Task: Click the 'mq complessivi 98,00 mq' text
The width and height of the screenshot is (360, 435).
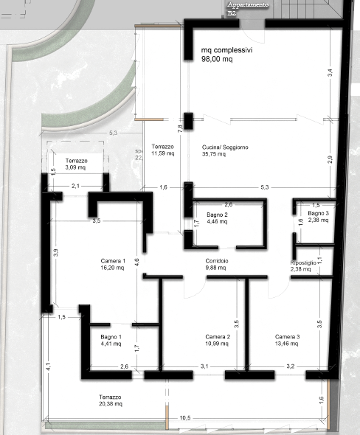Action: (x=227, y=56)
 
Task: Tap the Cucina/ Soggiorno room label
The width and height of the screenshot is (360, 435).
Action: (x=224, y=151)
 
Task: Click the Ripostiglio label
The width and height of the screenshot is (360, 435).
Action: (x=303, y=265)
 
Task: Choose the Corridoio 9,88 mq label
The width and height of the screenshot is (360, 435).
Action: (x=217, y=265)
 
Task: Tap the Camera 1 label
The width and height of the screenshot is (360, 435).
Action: (x=114, y=265)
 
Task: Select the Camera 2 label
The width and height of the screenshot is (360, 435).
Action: (x=218, y=340)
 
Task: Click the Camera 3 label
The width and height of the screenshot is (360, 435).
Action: (x=288, y=340)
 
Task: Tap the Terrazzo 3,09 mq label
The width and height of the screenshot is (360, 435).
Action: (x=76, y=164)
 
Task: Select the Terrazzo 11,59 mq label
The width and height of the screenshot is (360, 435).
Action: (x=162, y=150)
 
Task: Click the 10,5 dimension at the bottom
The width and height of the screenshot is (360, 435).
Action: (x=184, y=419)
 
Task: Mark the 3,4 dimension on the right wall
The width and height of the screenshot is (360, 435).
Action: (x=330, y=72)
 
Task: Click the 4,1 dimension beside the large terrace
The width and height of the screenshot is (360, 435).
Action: (x=46, y=366)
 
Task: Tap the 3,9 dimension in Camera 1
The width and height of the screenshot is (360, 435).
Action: (x=55, y=252)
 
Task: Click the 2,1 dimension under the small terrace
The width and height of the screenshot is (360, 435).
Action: (x=75, y=187)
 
